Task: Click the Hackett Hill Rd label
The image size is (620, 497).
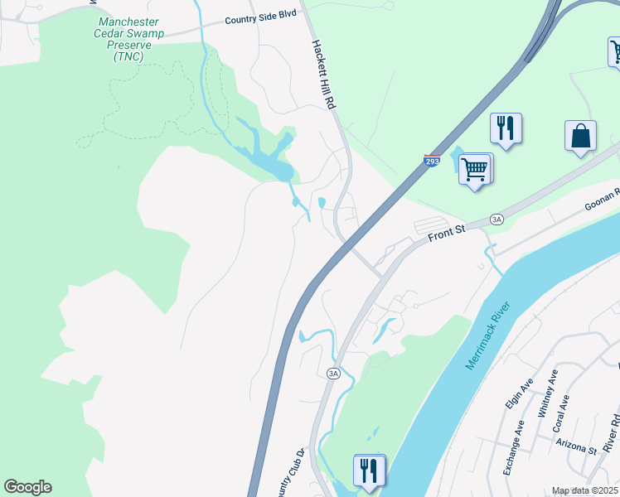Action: pyautogui.click(x=324, y=75)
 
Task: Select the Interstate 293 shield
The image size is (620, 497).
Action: pyautogui.click(x=432, y=161)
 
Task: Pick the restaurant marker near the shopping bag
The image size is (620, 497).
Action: pyautogui.click(x=506, y=128)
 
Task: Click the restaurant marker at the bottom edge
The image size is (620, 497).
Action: pyautogui.click(x=369, y=470)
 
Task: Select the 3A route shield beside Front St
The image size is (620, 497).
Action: pyautogui.click(x=496, y=219)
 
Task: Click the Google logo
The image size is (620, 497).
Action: pyautogui.click(x=27, y=487)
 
